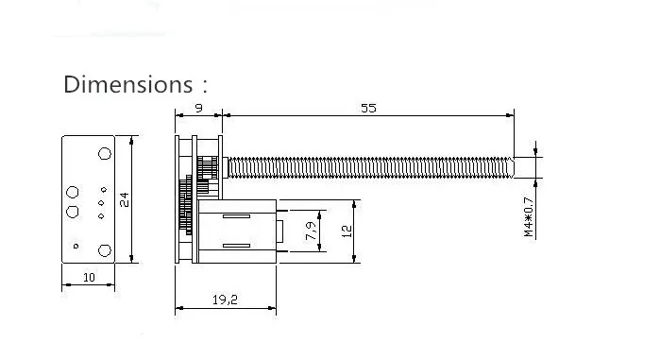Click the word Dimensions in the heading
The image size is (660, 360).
[128, 84]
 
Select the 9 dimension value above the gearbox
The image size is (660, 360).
[198, 109]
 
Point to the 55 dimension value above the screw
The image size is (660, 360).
[368, 109]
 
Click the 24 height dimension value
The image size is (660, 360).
[125, 199]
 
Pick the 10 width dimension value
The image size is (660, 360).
[89, 278]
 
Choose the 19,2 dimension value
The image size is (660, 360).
[225, 300]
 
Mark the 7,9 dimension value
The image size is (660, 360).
[311, 231]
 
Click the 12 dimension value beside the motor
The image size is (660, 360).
[347, 231]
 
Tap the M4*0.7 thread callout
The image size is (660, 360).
[529, 216]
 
